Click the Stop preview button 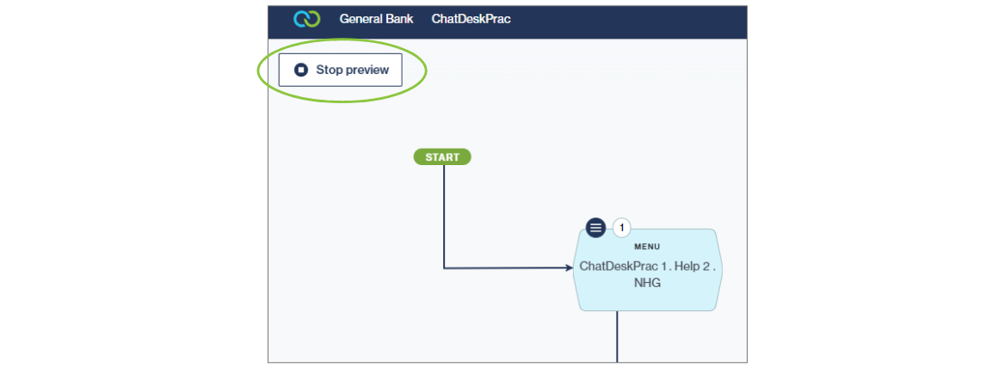[x=340, y=71]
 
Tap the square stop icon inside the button [x=301, y=71]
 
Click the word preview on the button [x=367, y=71]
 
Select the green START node [x=442, y=157]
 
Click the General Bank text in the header [x=376, y=19]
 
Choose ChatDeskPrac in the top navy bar [x=471, y=19]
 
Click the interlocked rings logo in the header [x=306, y=19]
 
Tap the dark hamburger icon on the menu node [x=595, y=228]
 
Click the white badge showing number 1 [x=621, y=228]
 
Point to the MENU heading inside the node [x=647, y=247]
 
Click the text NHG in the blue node [x=647, y=282]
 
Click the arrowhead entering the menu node [x=569, y=268]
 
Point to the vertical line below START [x=444, y=215]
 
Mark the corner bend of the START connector [x=444, y=268]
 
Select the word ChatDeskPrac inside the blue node [x=614, y=267]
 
